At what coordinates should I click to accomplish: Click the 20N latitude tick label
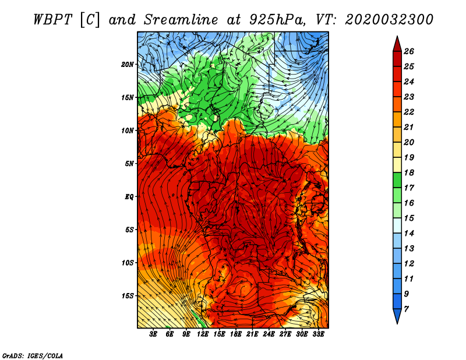point(128,64)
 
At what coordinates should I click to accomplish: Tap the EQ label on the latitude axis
point(129,196)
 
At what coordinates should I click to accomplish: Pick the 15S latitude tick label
point(128,296)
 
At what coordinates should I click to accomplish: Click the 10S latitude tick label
point(128,263)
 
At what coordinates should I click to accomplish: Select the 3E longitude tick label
point(154,334)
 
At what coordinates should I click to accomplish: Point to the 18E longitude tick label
point(236,334)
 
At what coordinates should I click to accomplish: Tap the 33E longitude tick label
point(318,334)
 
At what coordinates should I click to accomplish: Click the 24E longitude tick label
point(269,334)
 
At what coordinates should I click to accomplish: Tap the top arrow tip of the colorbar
point(397,37)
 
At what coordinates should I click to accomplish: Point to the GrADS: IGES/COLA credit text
point(32,355)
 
